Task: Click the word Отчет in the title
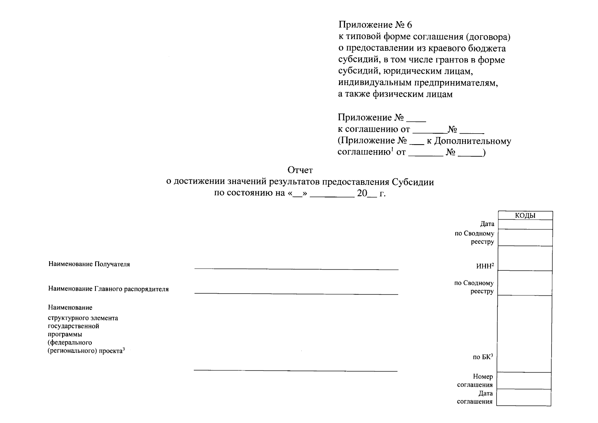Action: coord(300,170)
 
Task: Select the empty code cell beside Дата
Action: coord(525,225)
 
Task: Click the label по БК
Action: coord(482,357)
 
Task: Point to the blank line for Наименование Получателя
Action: coord(296,269)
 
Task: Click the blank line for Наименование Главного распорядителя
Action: coord(296,293)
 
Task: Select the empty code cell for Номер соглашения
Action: coord(524,381)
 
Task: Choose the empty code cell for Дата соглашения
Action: coord(524,397)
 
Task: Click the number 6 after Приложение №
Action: coord(409,25)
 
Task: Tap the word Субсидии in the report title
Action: coord(413,182)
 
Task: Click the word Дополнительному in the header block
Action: coord(473,141)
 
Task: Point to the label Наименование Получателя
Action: coord(89,264)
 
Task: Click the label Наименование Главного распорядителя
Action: coord(109,289)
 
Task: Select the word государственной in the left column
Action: coord(73,326)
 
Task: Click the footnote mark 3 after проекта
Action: coord(124,350)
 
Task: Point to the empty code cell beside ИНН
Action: coord(525,258)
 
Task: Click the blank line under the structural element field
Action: coord(295,370)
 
